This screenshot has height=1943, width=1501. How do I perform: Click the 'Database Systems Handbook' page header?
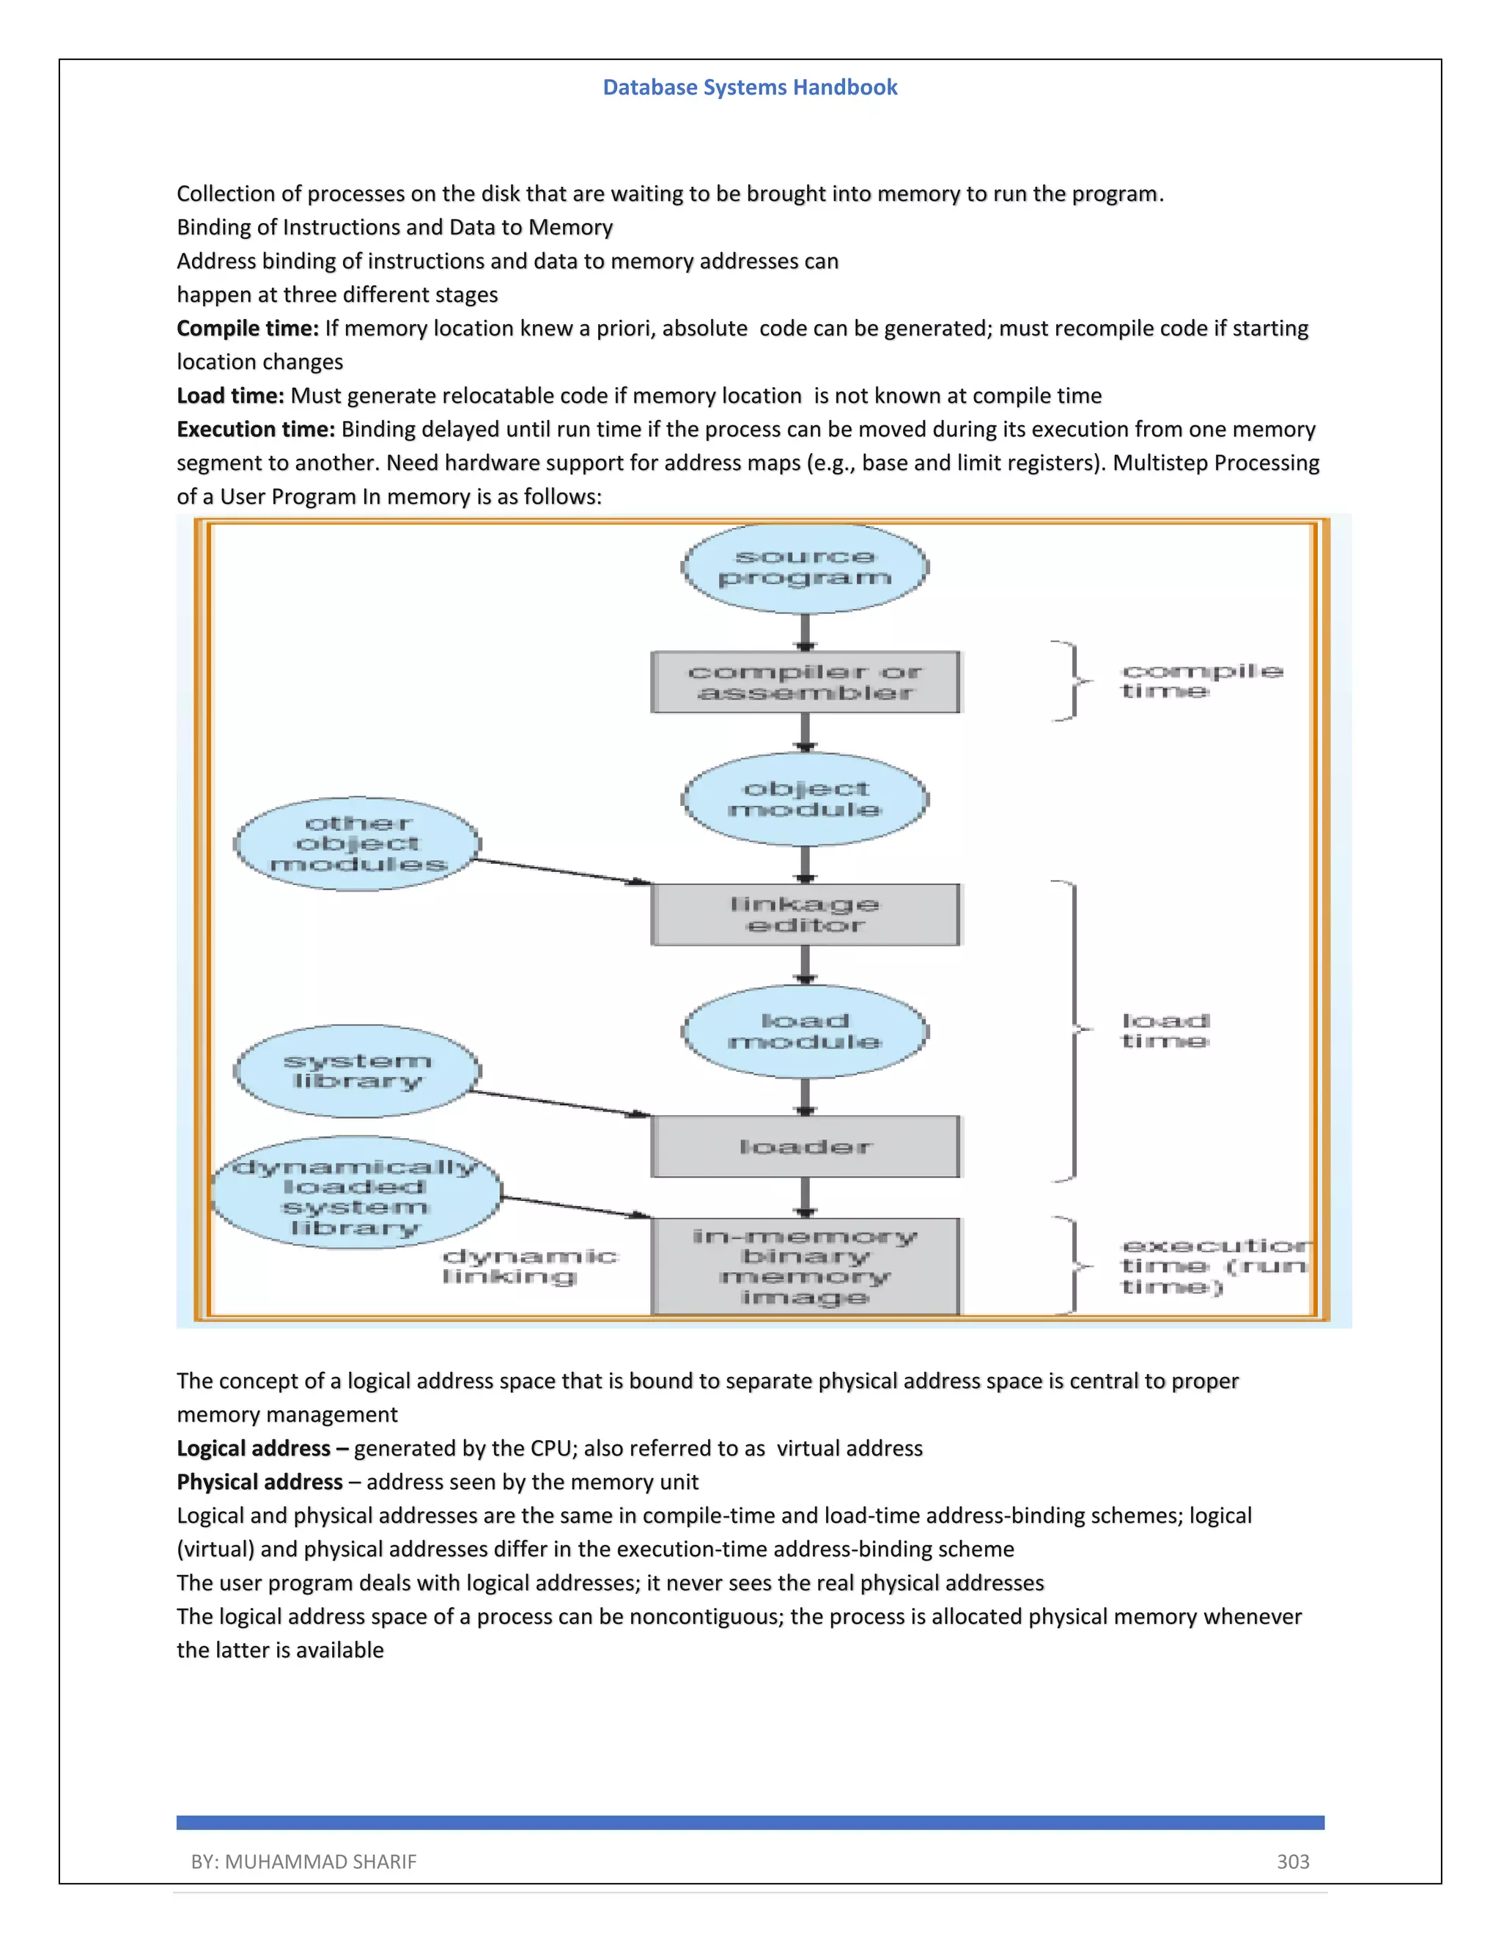point(750,87)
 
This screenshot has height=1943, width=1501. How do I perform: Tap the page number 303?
point(1293,1861)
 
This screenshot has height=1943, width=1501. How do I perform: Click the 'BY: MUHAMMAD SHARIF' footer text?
point(303,1861)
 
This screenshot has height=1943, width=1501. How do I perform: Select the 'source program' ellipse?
point(805,568)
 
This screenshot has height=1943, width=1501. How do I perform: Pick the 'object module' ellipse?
point(805,799)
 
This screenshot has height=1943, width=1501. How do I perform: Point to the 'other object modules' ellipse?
point(358,843)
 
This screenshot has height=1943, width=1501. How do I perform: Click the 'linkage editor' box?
point(805,914)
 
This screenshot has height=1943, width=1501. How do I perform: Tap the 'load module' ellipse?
point(805,1031)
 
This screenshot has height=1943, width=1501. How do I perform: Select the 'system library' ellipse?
point(358,1071)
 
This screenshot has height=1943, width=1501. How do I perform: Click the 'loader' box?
point(805,1147)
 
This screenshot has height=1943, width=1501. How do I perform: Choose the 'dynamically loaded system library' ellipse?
point(355,1192)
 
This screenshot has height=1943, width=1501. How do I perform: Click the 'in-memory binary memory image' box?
point(805,1266)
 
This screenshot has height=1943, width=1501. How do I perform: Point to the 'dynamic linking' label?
point(529,1266)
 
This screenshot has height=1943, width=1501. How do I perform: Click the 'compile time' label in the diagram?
point(1201,680)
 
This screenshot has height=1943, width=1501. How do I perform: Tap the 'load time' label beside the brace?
point(1165,1030)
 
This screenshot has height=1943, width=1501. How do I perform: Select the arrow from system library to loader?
point(560,1103)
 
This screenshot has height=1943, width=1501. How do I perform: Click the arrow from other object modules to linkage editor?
point(560,872)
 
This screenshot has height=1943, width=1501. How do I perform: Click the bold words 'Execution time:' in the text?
point(255,429)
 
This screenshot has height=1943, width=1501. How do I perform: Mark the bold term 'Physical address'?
point(259,1481)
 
